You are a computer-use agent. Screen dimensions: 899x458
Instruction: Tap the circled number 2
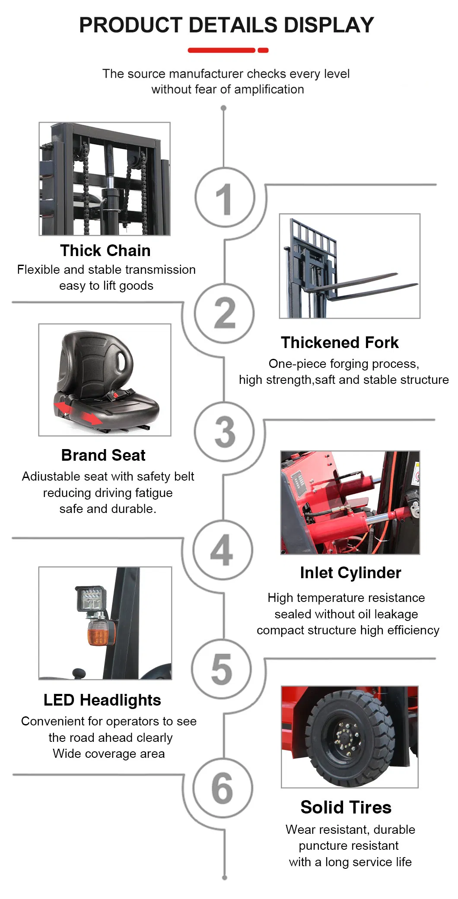click(224, 313)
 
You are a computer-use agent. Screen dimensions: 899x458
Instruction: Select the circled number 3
click(224, 432)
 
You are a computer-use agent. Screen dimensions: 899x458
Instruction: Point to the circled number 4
click(222, 550)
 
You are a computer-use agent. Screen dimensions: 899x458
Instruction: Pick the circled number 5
click(222, 669)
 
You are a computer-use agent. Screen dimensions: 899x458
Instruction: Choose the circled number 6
click(222, 788)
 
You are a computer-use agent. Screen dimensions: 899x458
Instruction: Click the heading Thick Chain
click(105, 251)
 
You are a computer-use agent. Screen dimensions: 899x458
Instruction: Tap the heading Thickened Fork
click(340, 343)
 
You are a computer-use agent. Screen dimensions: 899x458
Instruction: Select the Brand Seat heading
click(103, 456)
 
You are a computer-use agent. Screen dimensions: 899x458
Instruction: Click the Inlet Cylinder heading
click(350, 573)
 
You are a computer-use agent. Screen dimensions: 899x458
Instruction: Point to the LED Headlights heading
click(102, 700)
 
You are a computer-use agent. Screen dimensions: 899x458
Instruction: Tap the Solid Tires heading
click(346, 807)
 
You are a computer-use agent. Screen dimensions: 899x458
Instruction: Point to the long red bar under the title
click(221, 51)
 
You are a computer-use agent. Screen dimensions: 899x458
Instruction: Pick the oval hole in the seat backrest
click(125, 359)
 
